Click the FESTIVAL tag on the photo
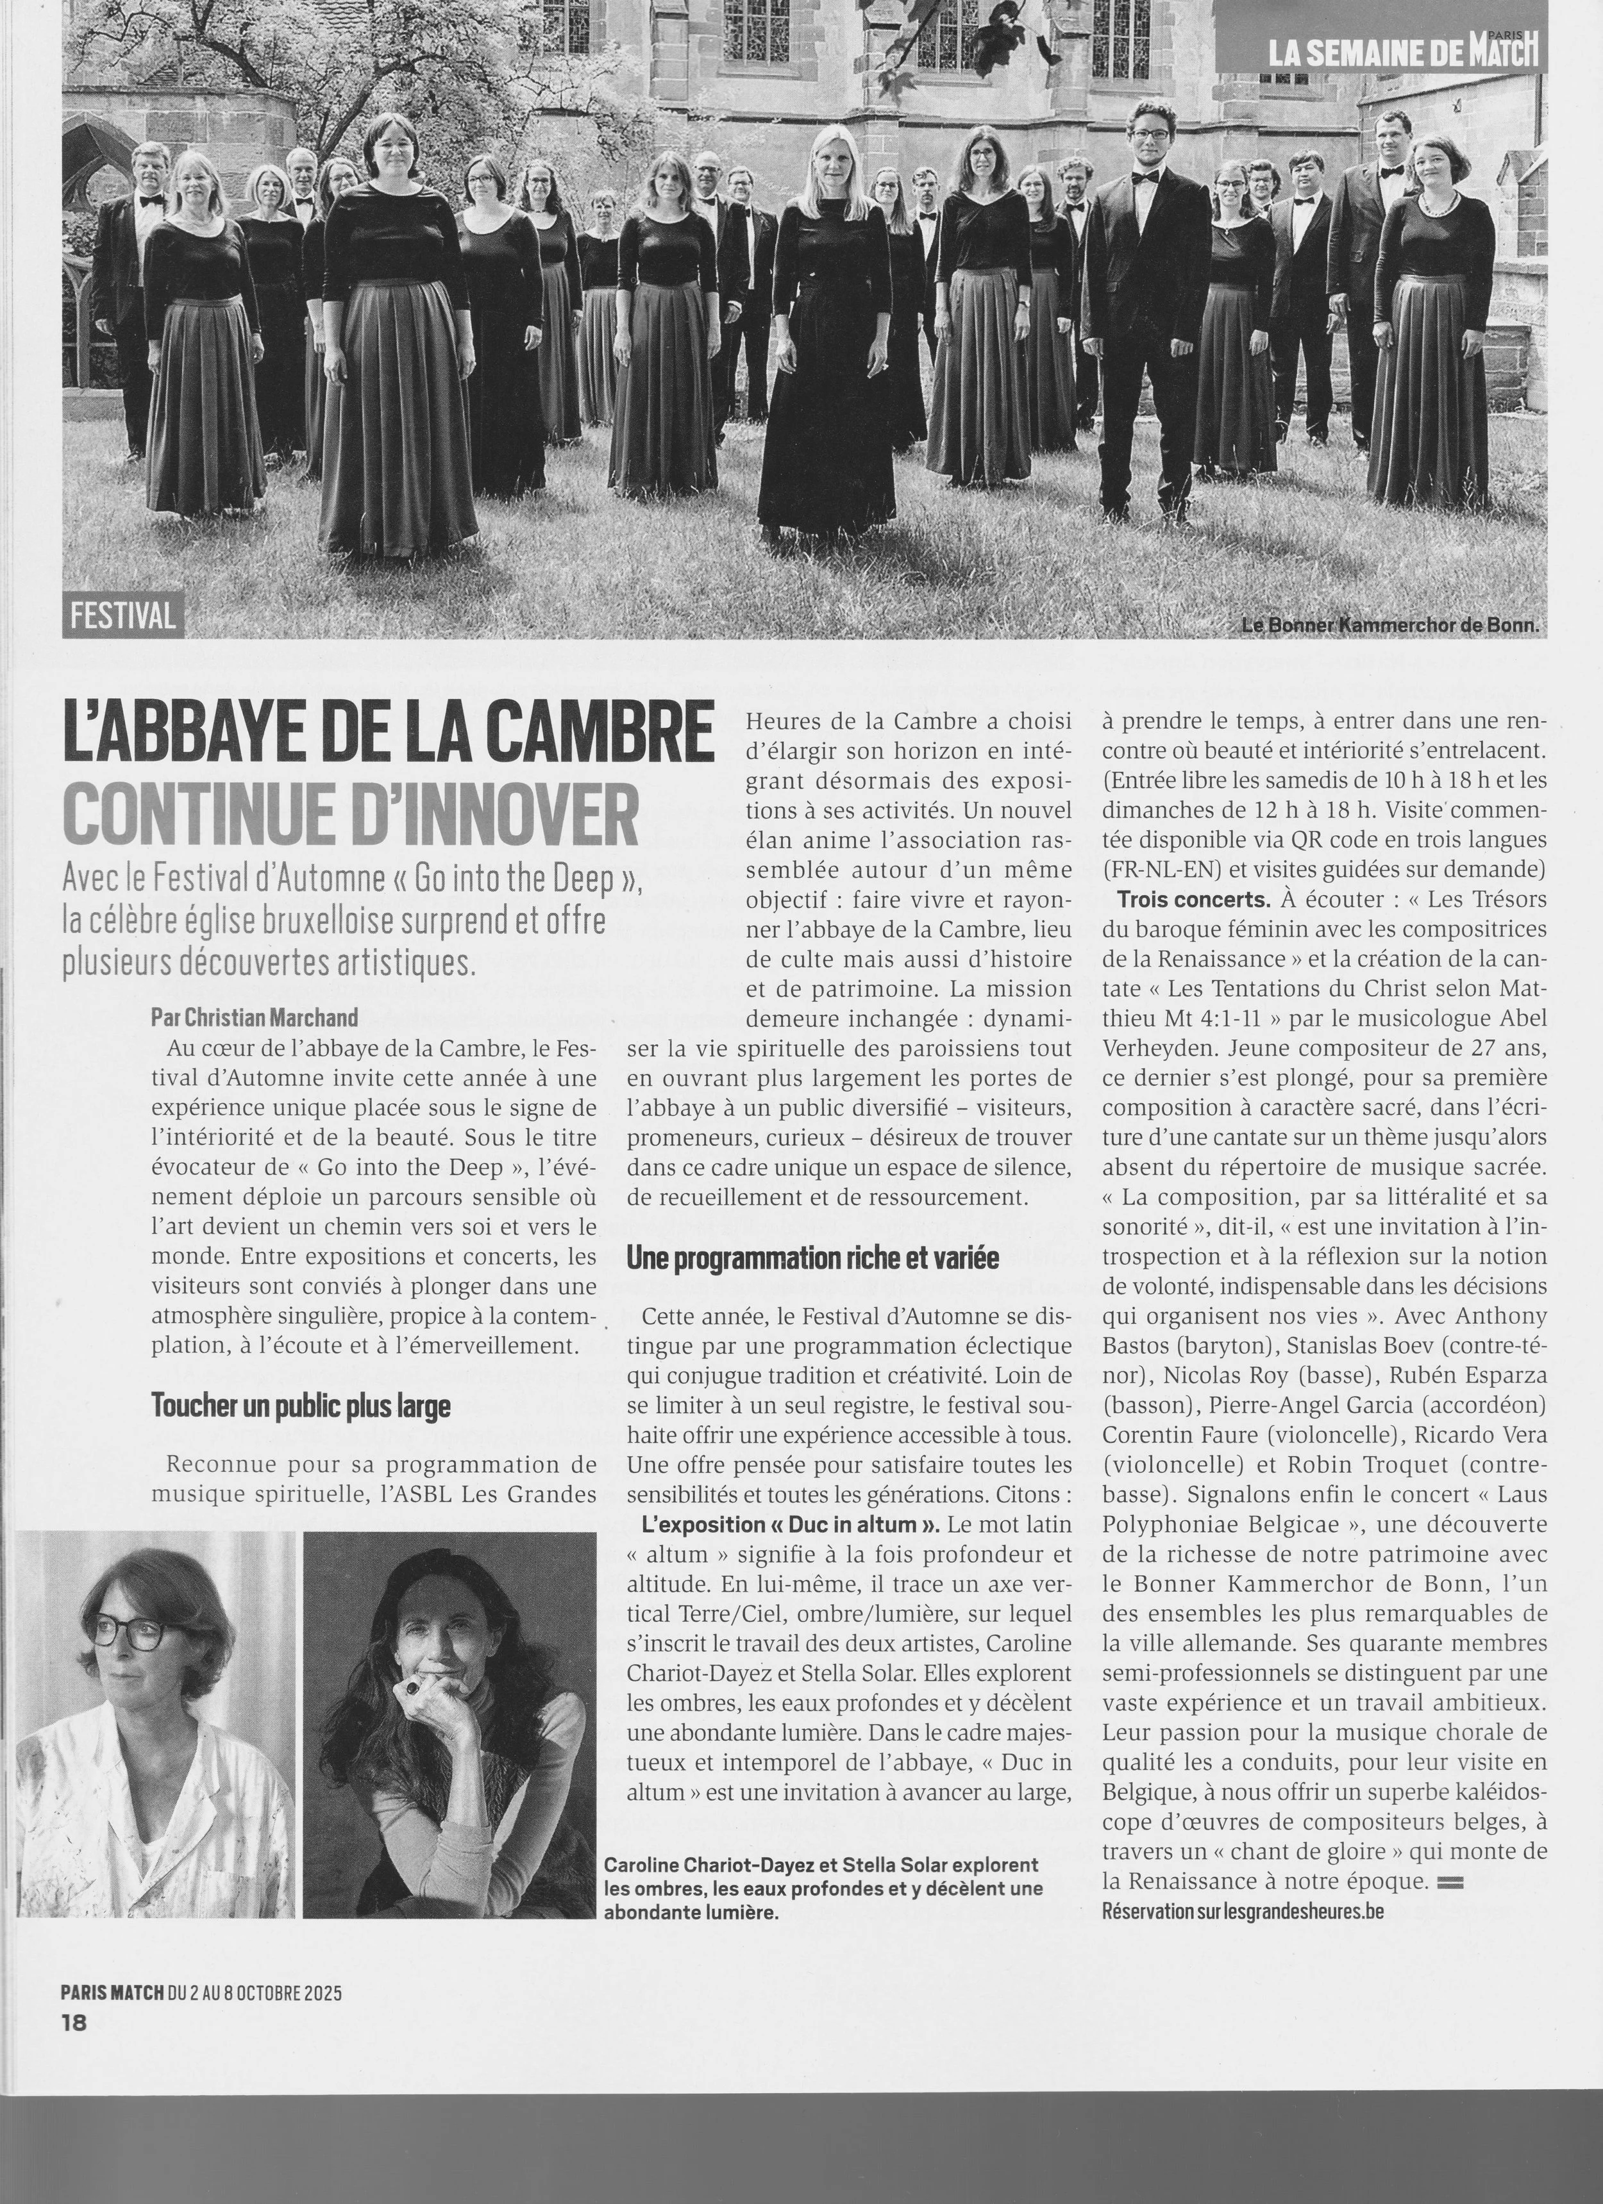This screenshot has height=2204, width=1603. [x=122, y=616]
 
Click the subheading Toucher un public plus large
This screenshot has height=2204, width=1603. [x=300, y=1406]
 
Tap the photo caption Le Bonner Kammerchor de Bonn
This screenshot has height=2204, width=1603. [x=1391, y=625]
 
